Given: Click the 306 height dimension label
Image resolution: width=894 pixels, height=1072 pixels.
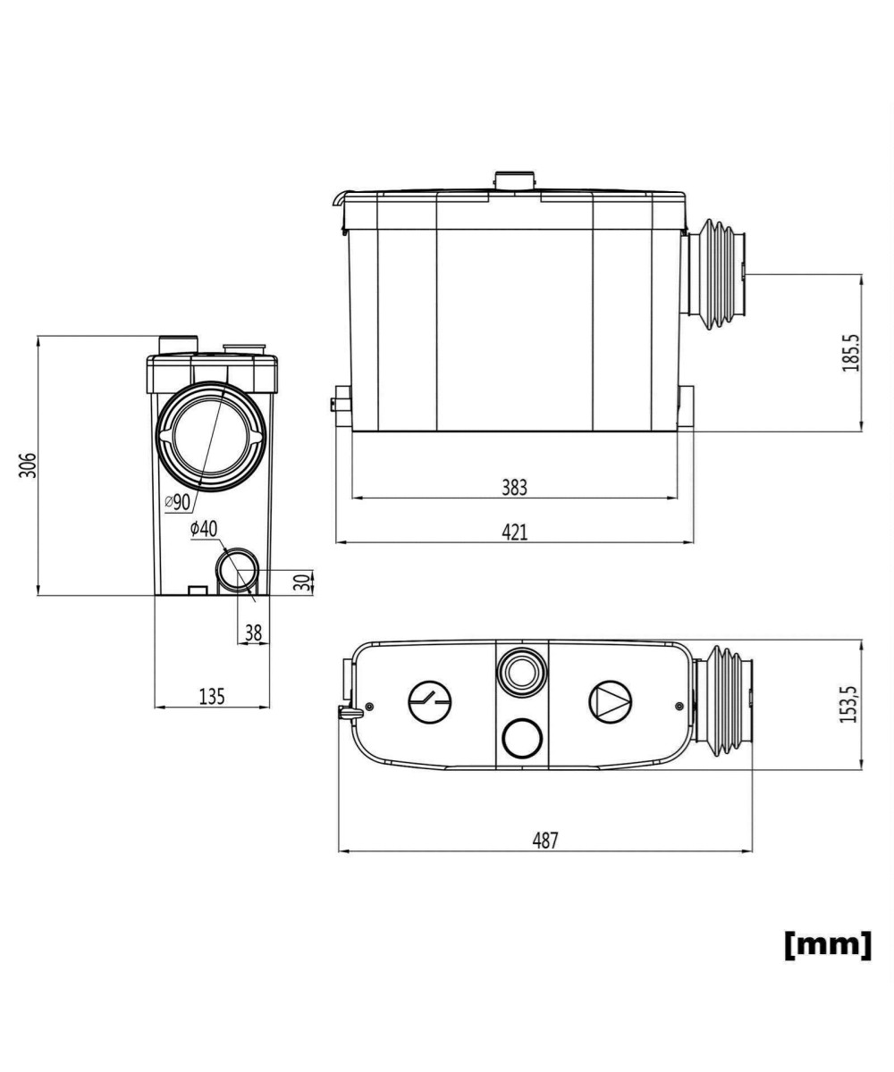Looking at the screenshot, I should pos(29,465).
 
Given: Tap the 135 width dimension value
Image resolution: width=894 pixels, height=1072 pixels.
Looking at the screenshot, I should pos(211,697).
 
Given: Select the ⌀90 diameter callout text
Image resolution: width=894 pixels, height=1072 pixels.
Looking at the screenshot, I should pos(178,501).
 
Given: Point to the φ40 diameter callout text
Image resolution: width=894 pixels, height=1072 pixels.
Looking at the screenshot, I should pos(203,529).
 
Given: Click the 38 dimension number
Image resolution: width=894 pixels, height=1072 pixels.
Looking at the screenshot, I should pos(253,632).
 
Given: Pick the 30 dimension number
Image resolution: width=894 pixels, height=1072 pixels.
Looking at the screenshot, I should pos(304,582).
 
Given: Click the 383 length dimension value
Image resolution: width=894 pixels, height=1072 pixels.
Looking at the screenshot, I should pos(514,488).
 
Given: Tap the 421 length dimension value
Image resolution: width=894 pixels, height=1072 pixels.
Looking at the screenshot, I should pos(514,532).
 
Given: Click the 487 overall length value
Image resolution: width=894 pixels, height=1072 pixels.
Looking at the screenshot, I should pos(545,841).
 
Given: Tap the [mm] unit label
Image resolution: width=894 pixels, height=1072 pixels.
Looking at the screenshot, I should pos(827,944).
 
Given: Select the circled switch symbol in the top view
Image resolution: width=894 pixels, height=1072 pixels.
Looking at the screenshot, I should pos(430,702).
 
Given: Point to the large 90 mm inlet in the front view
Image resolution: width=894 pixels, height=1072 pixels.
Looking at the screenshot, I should pos(211,438).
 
